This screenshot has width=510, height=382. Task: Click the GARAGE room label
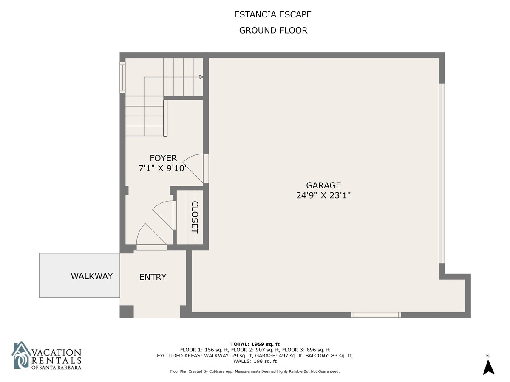point(323,185)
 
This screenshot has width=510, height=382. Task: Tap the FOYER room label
point(163,158)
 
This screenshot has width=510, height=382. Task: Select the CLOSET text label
point(195,217)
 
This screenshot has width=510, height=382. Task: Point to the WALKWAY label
point(92,276)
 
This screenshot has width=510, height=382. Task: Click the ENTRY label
point(153,277)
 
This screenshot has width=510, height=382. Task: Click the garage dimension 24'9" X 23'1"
point(323,196)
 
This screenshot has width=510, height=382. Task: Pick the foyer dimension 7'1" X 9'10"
point(163,168)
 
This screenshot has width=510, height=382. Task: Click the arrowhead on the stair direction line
point(201,77)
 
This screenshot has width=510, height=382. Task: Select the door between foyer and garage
point(196,169)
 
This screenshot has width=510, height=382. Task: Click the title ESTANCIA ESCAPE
point(273,14)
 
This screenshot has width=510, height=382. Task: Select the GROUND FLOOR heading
point(273,31)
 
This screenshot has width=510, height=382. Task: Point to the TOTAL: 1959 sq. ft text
point(255,344)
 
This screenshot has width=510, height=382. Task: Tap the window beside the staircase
point(122,77)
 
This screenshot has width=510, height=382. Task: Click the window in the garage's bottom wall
point(376,315)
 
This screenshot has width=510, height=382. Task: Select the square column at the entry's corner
point(127,312)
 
